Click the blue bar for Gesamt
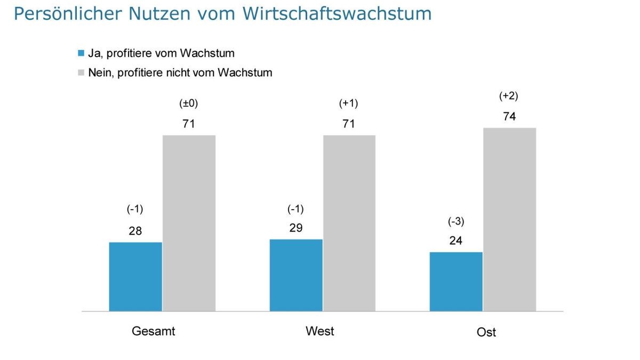pos(135,276)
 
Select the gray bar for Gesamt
pos(189,223)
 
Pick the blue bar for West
pos(296,275)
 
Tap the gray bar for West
pos(349,223)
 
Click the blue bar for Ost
pos(456,281)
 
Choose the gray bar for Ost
pos(509,219)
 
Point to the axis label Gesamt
pos(154,331)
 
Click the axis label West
pos(320,331)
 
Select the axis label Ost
pos(486,332)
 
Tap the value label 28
pos(135,231)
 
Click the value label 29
pos(296,228)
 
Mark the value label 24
pos(456,241)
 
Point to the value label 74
pos(509,116)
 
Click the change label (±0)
pos(189,103)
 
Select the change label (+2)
pos(509,96)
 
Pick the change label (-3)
pos(456,221)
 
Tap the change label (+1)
pos(349,103)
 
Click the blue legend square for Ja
pos(81,53)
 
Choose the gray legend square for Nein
pos(81,73)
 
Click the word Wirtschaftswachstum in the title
pos(337,14)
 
